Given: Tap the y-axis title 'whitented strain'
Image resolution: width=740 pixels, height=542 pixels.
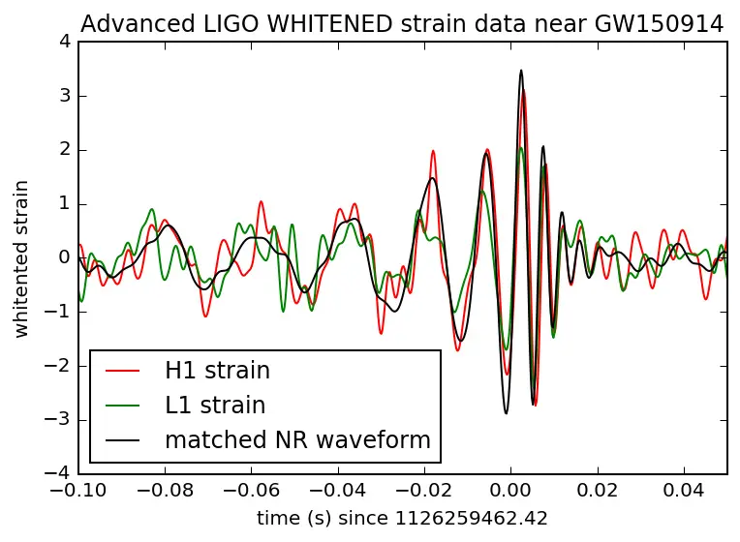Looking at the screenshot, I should coord(22,257).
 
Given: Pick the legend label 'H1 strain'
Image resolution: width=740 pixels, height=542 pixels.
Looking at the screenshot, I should coord(217,370).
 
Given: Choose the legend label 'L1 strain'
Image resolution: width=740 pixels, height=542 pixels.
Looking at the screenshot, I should coord(215,405).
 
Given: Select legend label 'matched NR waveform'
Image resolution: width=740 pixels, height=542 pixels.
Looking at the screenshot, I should coord(297,439).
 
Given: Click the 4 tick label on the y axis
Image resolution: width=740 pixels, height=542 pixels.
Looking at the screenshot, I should coord(63,42).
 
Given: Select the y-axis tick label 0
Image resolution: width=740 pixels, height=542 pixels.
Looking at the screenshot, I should coord(63,257).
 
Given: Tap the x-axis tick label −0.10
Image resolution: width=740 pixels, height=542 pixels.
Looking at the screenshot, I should coord(78,491).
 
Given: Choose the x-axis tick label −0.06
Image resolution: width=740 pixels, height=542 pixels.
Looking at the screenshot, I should coord(251,491).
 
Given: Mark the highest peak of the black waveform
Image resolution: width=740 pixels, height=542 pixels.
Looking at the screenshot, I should coord(521,70).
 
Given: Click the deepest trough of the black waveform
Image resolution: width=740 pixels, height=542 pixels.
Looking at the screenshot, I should coord(506,413).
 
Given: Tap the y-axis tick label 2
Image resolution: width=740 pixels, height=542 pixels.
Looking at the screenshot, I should coord(63,150).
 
